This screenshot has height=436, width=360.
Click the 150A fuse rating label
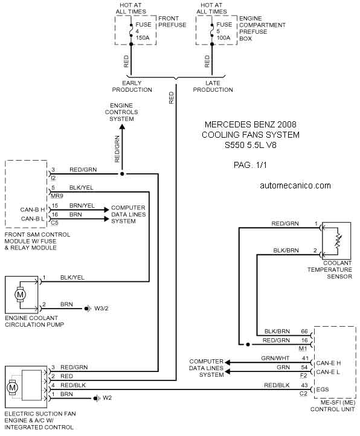[143, 37]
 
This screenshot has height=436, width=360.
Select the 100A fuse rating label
[223, 37]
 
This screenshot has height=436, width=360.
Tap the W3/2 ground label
[101, 309]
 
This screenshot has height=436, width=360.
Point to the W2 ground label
[107, 398]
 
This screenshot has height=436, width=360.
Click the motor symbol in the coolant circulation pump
[21, 295]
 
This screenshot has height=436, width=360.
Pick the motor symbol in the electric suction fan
[12, 387]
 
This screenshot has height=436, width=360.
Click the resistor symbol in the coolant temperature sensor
[338, 241]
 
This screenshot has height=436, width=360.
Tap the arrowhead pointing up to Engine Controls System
[122, 127]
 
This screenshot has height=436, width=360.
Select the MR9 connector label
[57, 196]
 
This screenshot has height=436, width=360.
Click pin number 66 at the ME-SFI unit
[304, 331]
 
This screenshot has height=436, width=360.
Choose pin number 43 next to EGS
[304, 385]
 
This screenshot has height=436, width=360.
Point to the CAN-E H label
[328, 363]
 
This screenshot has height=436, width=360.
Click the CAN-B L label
[33, 219]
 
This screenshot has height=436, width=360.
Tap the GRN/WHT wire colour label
[275, 359]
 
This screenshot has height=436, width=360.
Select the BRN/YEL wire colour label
[82, 206]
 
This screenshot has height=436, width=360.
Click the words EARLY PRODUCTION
[132, 86]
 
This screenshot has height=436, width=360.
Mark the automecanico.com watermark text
[295, 185]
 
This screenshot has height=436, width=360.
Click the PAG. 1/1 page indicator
[250, 165]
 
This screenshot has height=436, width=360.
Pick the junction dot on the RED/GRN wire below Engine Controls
[122, 174]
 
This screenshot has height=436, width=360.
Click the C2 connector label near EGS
[303, 394]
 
